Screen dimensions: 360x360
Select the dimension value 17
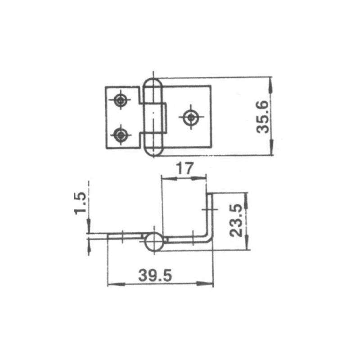(184, 169)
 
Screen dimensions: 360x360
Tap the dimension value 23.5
(238, 220)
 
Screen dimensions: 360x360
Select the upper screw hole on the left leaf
(120, 100)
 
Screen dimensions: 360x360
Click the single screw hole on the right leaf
(191, 117)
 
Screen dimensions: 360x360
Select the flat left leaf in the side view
(126, 236)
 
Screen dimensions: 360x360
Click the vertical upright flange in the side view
(210, 216)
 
